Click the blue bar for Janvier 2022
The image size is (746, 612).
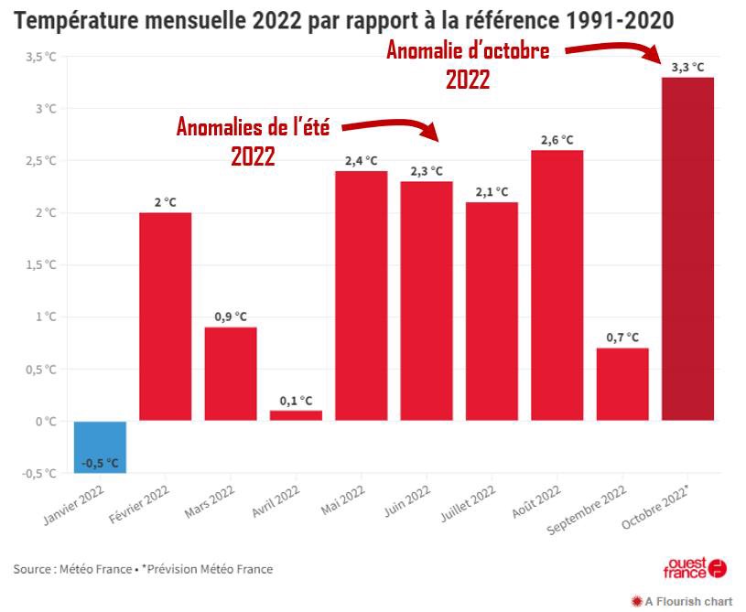[100, 446]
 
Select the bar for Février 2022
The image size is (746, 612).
[165, 317]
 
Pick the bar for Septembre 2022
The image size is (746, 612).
[622, 384]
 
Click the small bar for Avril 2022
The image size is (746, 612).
[296, 415]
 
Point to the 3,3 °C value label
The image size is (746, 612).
[687, 67]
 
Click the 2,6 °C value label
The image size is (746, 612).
[557, 140]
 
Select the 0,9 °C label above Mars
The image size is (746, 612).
[231, 317]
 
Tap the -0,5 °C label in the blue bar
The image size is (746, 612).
[100, 463]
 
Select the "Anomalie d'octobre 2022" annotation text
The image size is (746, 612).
[468, 65]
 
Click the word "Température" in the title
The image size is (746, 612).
[73, 19]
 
